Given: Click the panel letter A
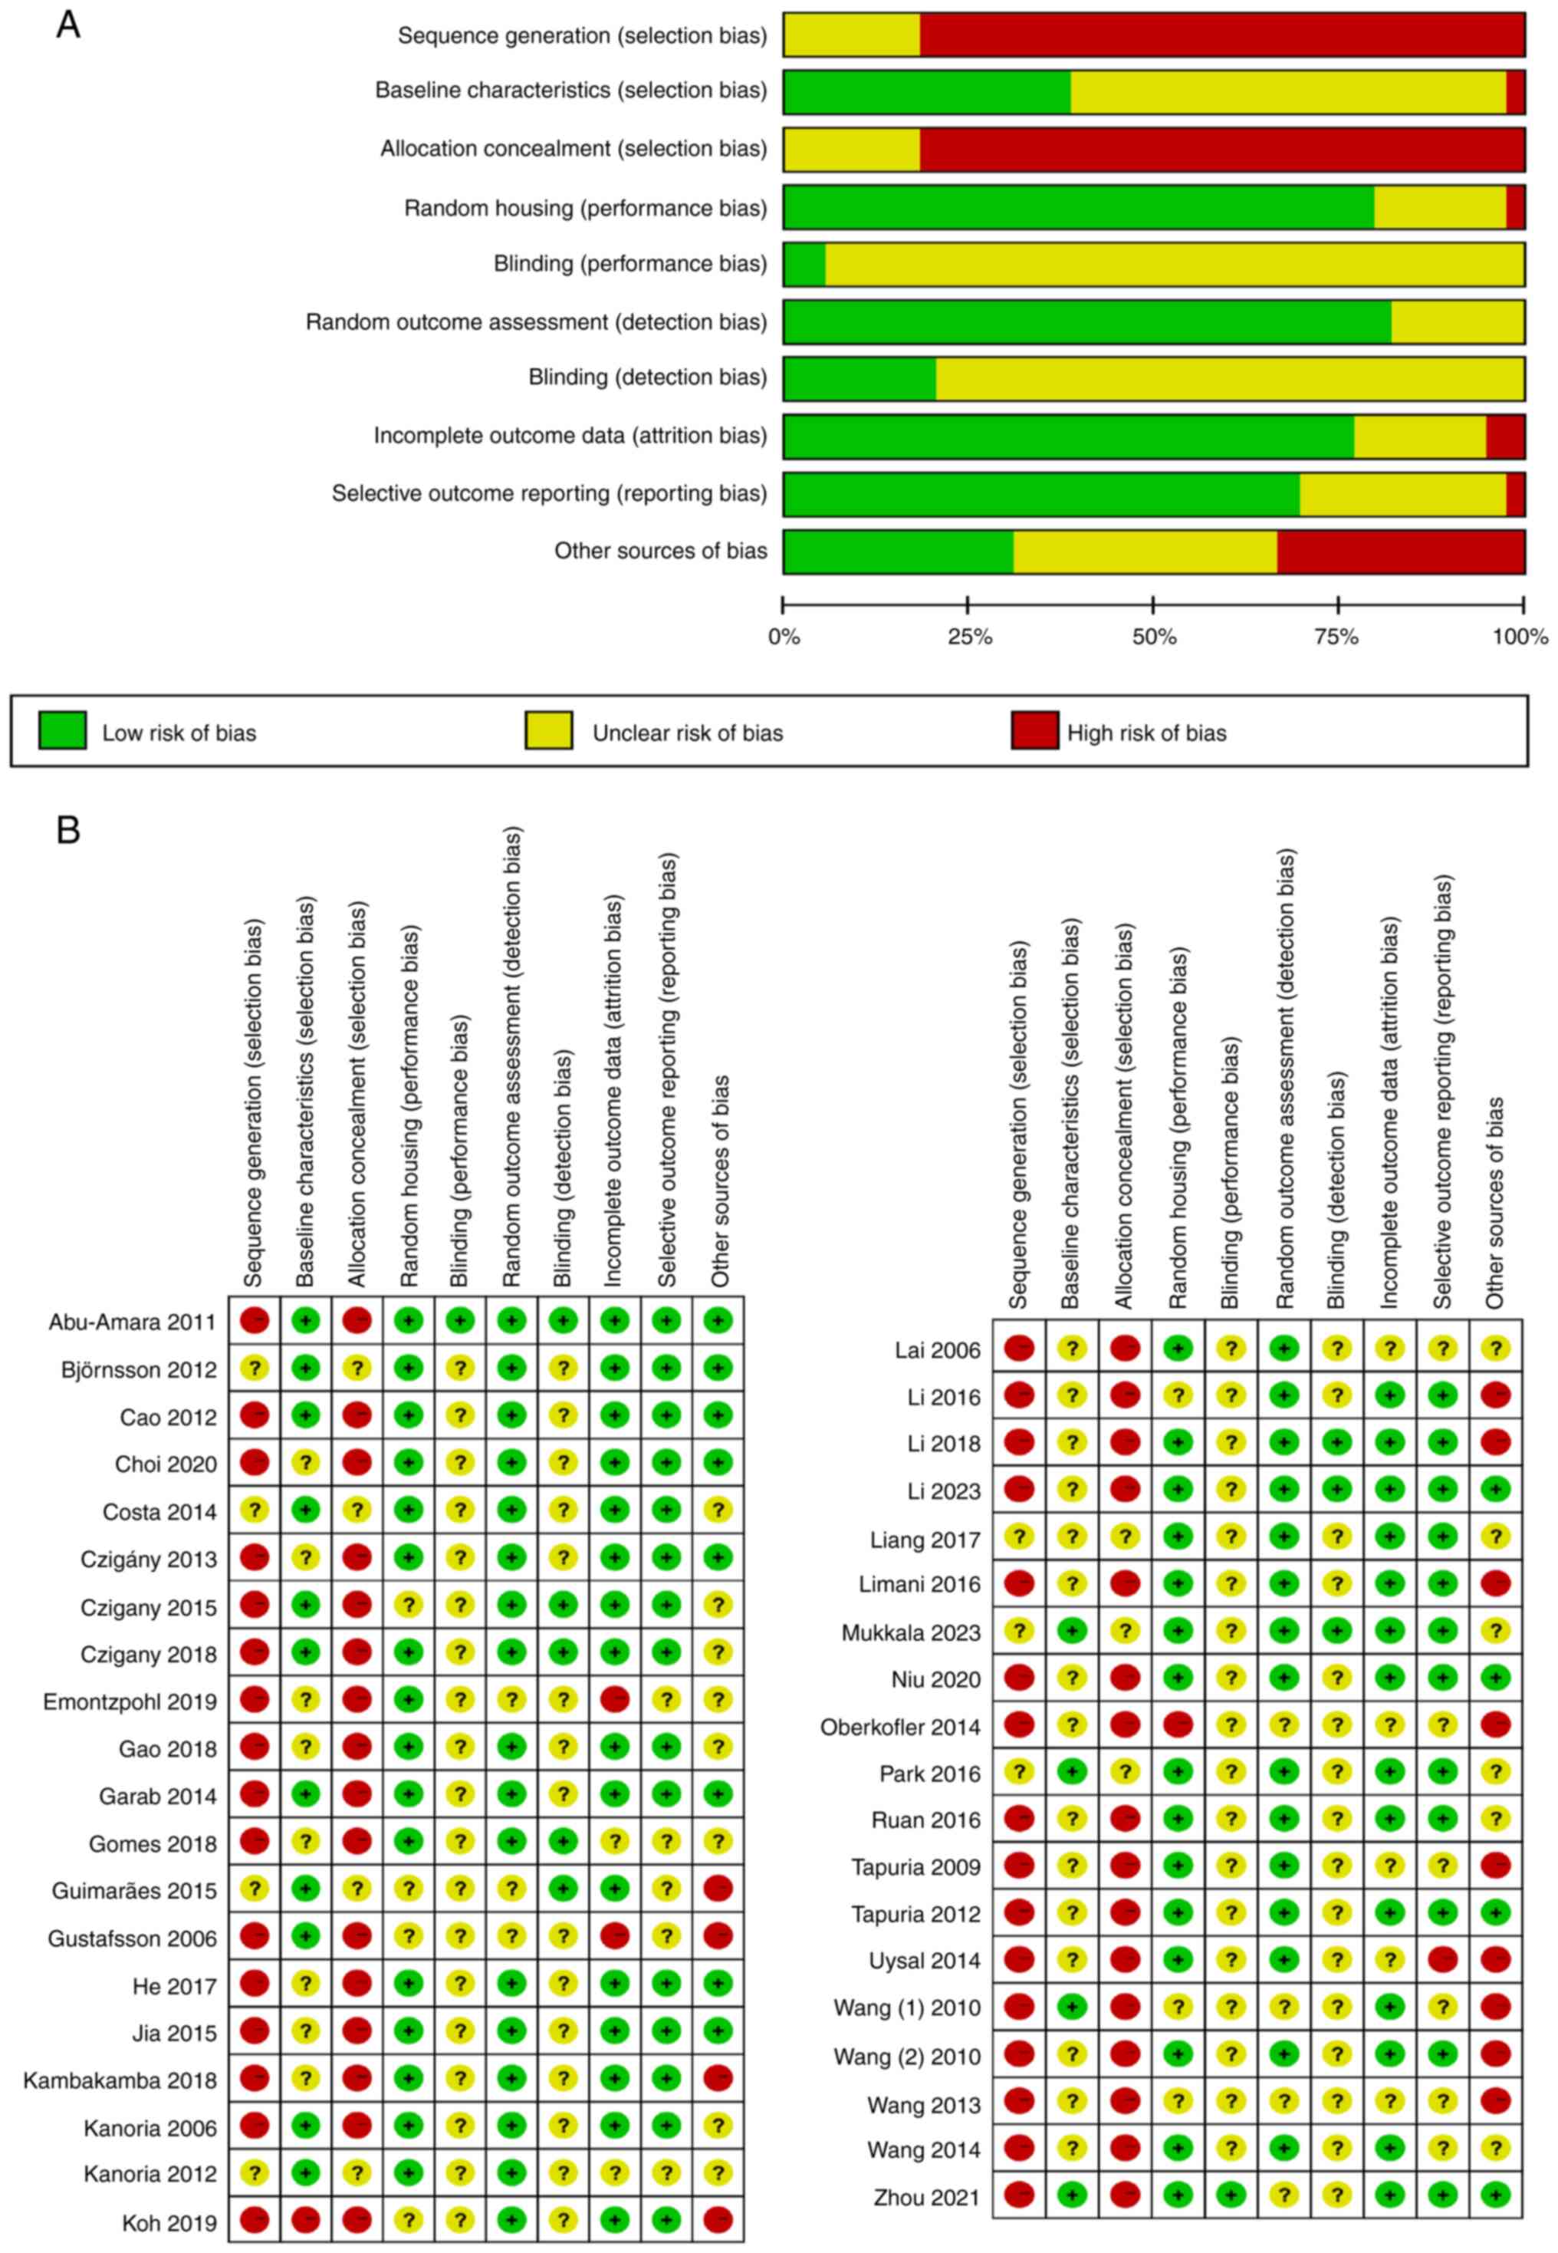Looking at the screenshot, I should tap(67, 25).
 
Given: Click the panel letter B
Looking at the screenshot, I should tap(67, 830).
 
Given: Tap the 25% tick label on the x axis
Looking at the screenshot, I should tap(968, 637).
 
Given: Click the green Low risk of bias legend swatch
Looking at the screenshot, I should tap(62, 730).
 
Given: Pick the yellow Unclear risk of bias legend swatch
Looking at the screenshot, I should tap(549, 730).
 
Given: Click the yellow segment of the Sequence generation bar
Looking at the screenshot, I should tap(851, 35).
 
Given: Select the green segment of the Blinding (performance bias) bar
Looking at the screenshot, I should tap(804, 264).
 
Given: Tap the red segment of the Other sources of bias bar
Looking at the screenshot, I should tap(1401, 552).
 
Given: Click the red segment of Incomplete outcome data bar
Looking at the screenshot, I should tap(1505, 436).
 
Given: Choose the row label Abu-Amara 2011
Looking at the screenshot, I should tap(133, 1322).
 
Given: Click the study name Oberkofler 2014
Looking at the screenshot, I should tap(900, 1727).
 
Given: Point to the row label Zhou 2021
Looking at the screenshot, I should tap(926, 2197).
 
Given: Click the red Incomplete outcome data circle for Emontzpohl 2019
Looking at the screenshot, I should tap(614, 1700).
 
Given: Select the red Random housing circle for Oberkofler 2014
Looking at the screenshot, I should tap(1177, 1726).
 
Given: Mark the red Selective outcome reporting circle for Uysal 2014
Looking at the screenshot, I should tap(1441, 1960).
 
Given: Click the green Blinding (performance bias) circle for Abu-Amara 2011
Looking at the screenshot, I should tap(460, 1321).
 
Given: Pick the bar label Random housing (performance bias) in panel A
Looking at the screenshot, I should tap(586, 208).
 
